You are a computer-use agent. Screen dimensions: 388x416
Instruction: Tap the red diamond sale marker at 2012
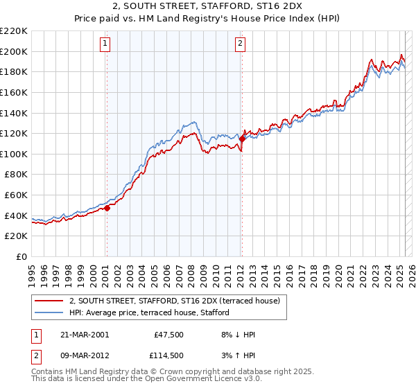[241, 139]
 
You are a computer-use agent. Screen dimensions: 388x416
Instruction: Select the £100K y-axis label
[15, 154]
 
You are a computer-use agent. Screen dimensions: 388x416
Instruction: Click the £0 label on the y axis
[22, 256]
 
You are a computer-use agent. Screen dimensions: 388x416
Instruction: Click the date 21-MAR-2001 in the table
[84, 335]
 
